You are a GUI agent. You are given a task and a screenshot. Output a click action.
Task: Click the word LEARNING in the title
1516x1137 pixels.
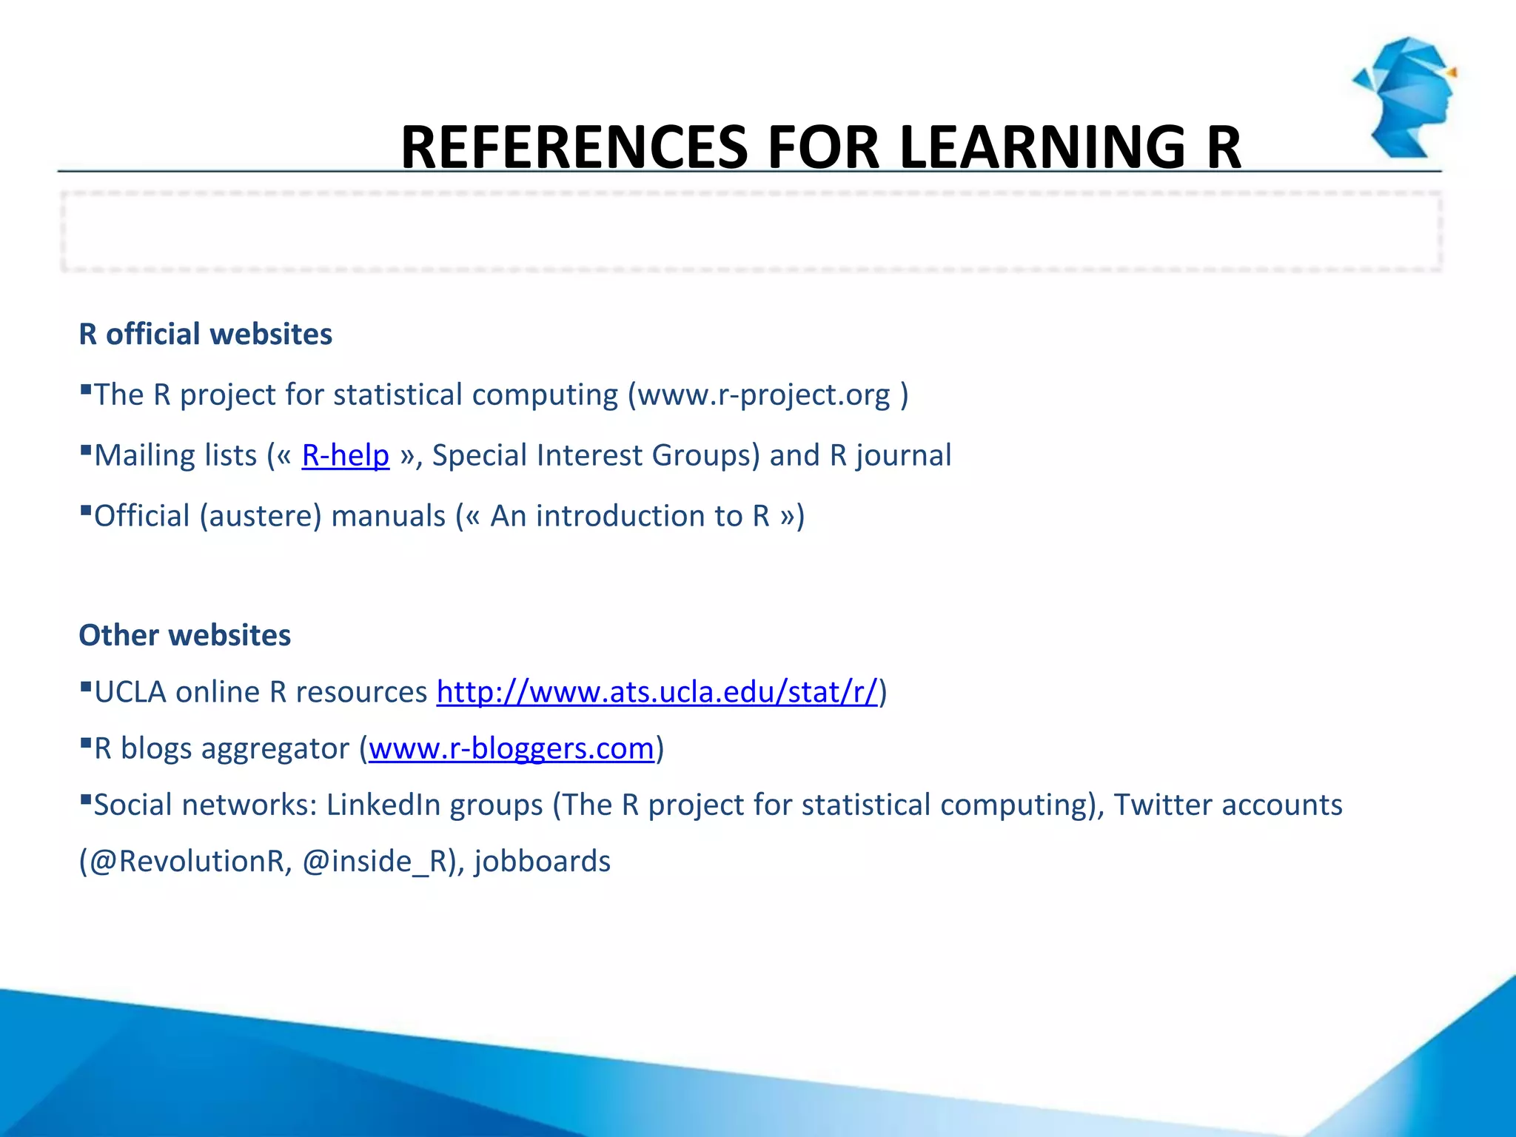[1042, 147]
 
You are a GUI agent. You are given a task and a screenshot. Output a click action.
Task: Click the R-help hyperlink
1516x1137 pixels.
[345, 455]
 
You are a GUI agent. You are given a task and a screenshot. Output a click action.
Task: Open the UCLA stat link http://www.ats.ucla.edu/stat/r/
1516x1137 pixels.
[657, 692]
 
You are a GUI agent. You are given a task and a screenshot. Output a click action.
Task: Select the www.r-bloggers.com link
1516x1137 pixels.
[511, 748]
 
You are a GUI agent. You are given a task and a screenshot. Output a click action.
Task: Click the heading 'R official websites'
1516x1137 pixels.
[205, 334]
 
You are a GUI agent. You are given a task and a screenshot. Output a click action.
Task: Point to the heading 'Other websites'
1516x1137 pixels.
[184, 635]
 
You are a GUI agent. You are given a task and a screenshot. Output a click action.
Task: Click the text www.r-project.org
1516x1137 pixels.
[764, 395]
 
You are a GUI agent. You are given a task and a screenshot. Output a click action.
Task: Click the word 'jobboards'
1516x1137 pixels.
[543, 862]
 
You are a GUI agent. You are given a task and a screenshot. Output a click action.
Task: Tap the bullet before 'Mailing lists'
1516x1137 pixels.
[86, 449]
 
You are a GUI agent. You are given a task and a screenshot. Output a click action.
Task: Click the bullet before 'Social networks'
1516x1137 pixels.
[86, 799]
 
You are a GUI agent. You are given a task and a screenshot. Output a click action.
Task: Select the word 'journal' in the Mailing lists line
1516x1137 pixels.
[903, 455]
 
